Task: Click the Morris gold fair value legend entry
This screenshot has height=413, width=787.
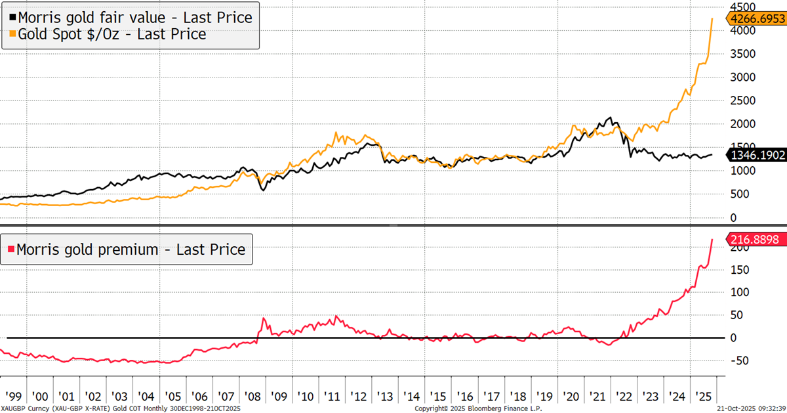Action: (x=131, y=17)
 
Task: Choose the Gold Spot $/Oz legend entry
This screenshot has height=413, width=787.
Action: (x=109, y=34)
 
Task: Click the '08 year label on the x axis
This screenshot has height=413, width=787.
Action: (x=252, y=397)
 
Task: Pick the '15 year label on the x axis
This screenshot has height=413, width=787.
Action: (x=439, y=397)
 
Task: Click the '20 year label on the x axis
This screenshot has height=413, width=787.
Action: (x=571, y=397)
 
